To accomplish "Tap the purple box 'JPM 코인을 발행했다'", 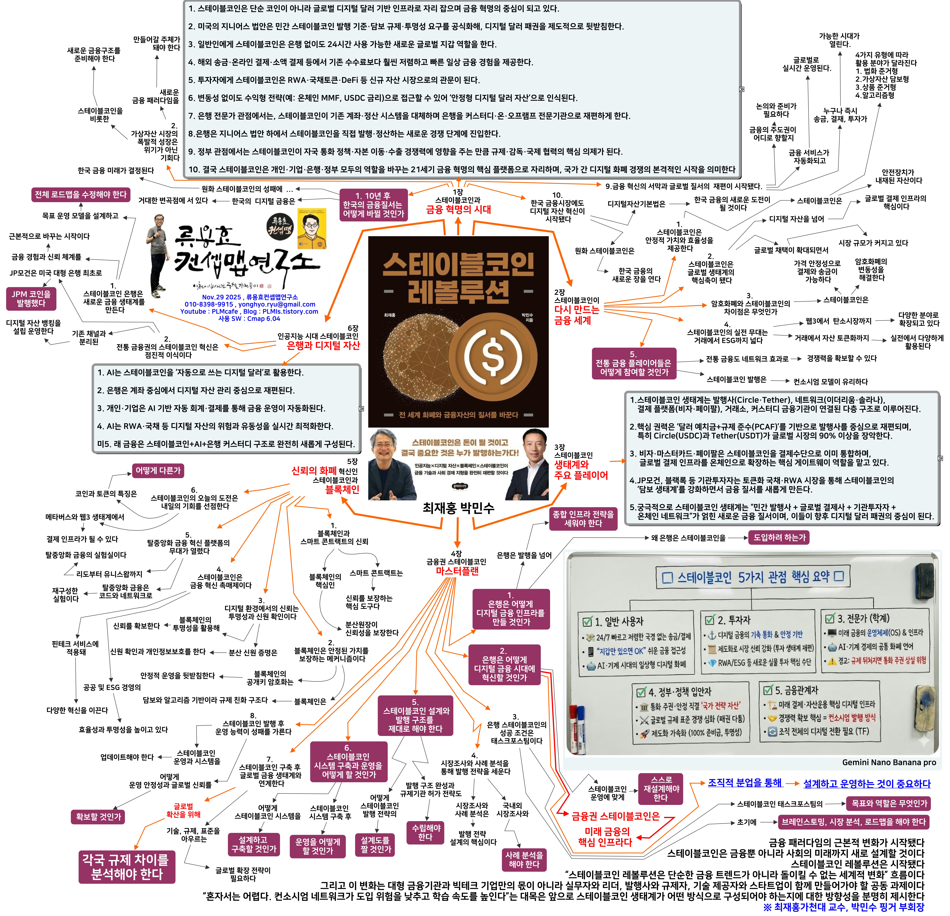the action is click(31, 298).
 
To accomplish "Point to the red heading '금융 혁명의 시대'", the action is click(458, 210).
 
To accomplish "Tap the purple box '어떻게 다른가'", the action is click(158, 470).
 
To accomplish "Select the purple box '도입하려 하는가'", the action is click(779, 537).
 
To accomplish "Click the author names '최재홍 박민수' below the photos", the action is click(458, 508).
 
